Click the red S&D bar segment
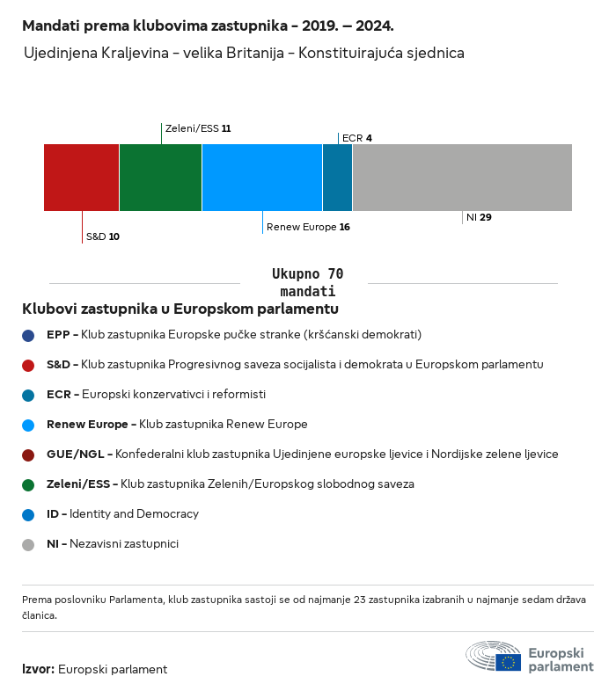[x=81, y=178]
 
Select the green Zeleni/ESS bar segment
[x=160, y=178]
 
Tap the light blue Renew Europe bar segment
[x=261, y=178]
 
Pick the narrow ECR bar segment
[x=337, y=178]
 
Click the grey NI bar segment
[x=462, y=178]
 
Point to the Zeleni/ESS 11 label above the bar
[x=198, y=128]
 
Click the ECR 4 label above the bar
[x=356, y=138]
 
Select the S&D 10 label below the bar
[x=102, y=236]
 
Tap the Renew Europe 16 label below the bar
[x=308, y=227]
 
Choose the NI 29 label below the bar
[x=479, y=217]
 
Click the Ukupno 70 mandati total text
[x=307, y=282]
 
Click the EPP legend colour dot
[x=29, y=335]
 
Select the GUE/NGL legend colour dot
[x=29, y=455]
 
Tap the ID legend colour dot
[x=29, y=514]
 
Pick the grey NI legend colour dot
[x=29, y=544]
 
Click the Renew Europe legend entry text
[x=177, y=425]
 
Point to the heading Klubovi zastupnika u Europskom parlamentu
[x=180, y=309]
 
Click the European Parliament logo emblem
[x=493, y=656]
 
